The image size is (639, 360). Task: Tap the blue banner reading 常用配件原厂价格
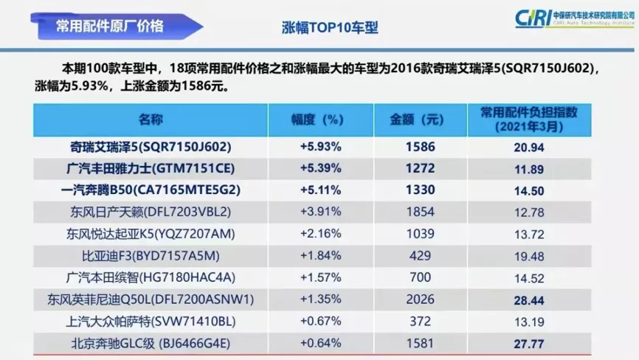tap(111, 27)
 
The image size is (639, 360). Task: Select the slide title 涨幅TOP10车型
tap(330, 28)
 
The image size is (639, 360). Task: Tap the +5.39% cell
tap(319, 169)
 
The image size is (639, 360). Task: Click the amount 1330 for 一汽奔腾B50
tap(420, 190)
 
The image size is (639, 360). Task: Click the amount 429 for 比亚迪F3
tap(420, 256)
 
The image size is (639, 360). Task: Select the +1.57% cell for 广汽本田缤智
tap(319, 277)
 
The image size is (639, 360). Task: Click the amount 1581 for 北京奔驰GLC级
tap(420, 343)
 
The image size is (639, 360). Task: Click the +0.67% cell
tap(319, 321)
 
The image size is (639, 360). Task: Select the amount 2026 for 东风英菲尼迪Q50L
tap(420, 300)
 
